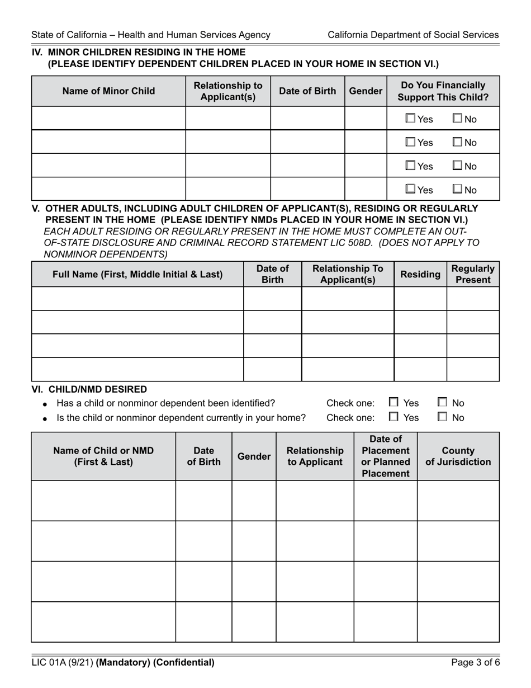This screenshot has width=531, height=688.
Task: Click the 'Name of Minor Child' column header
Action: pyautogui.click(x=108, y=91)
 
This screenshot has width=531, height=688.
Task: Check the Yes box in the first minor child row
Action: pyautogui.click(x=411, y=119)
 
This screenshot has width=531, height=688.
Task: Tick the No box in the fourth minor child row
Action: pyautogui.click(x=457, y=190)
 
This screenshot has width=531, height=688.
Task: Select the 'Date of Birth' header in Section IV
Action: pyautogui.click(x=307, y=91)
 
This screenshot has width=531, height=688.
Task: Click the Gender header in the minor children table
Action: pyautogui.click(x=365, y=91)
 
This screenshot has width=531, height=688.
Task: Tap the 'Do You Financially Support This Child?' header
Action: pyautogui.click(x=443, y=91)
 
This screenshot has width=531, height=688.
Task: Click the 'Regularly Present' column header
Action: pyautogui.click(x=472, y=274)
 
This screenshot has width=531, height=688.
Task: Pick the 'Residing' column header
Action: pyautogui.click(x=420, y=274)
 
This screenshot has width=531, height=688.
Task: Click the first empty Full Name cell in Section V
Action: pyautogui.click(x=138, y=299)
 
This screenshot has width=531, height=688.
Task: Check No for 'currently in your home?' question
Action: pyautogui.click(x=443, y=417)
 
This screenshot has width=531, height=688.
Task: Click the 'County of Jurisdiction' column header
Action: pyautogui.click(x=458, y=456)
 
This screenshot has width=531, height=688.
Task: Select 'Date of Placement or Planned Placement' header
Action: pyautogui.click(x=385, y=456)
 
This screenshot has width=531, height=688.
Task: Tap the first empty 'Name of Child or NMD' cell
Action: pyautogui.click(x=103, y=501)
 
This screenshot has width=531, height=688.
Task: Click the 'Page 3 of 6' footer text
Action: pyautogui.click(x=475, y=663)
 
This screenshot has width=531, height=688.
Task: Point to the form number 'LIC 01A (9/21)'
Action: pyautogui.click(x=63, y=663)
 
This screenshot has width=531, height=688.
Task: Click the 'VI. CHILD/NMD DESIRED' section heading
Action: pyautogui.click(x=89, y=389)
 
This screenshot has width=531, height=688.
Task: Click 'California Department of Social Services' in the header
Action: pyautogui.click(x=413, y=35)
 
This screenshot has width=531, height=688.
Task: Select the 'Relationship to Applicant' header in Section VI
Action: pyautogui.click(x=315, y=456)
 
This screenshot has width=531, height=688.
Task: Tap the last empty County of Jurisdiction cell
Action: pyautogui.click(x=458, y=621)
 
